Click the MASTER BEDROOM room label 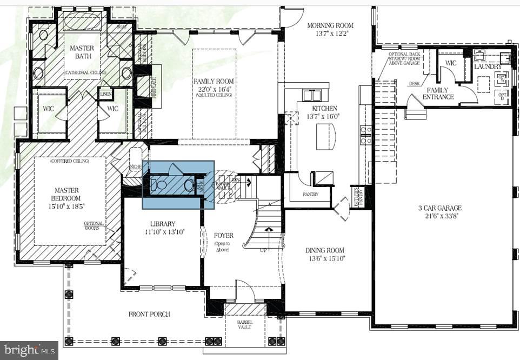[66, 190]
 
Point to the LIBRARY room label [163, 224]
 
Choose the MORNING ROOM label [330, 25]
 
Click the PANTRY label [310, 195]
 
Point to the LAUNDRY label [488, 66]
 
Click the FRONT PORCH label [149, 314]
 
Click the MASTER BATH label [82, 52]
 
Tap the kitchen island [325, 135]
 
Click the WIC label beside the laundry [450, 63]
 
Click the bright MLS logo [29, 351]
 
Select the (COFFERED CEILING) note [70, 161]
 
